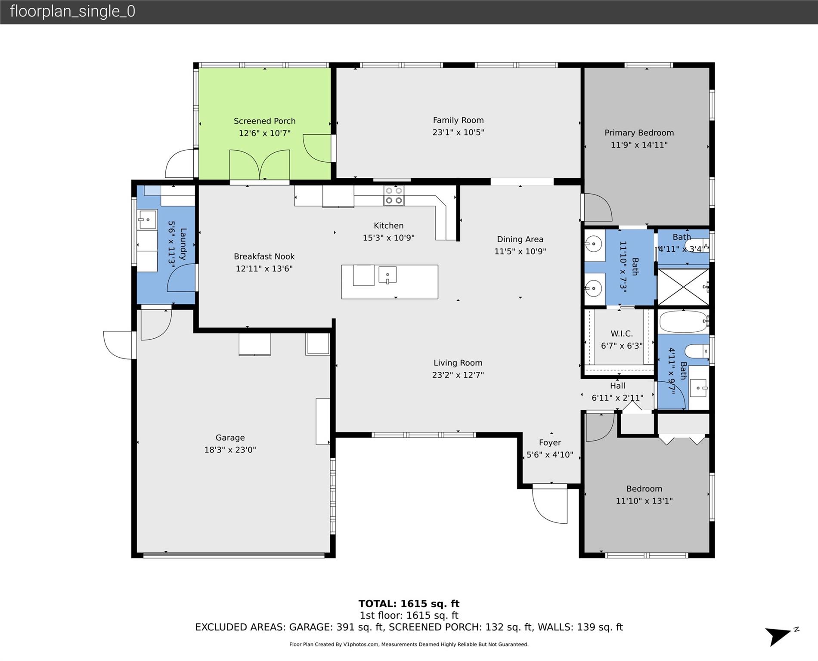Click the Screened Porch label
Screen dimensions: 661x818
coord(264,121)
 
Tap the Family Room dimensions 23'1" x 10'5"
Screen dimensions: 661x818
coord(458,133)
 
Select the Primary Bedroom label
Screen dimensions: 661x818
coord(639,133)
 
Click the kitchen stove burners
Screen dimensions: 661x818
coord(394,195)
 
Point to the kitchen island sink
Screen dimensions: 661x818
coord(387,275)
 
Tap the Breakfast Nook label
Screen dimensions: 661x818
coord(264,256)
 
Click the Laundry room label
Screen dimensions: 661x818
coord(183,244)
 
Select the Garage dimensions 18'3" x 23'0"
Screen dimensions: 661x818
coord(230,450)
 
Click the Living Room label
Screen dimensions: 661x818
coord(458,363)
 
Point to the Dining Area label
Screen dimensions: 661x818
coord(520,239)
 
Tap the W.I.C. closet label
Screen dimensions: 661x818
coord(622,334)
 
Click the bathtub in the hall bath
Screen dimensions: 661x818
coord(683,321)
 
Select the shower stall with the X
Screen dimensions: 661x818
coord(683,287)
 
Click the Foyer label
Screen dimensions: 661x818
coord(550,442)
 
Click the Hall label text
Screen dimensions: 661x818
coord(617,386)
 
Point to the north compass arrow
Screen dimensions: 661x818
coord(780,636)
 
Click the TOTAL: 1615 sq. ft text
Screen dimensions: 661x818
coord(409,604)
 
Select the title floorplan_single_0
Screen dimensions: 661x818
coord(72,11)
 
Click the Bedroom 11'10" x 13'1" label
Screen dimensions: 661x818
coord(644,489)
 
